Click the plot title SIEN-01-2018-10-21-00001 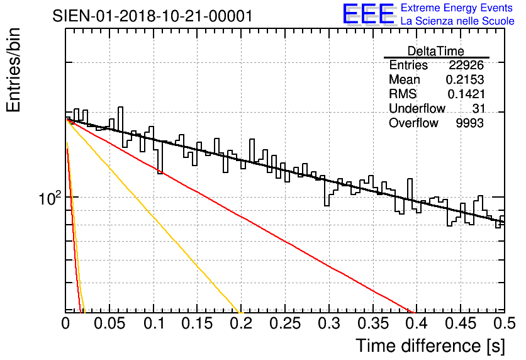(152, 16)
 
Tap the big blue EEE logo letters (369, 14)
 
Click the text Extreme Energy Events (457, 8)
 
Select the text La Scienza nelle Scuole (457, 21)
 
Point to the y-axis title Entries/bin (13, 70)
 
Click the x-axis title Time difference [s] (430, 346)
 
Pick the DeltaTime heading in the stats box (436, 51)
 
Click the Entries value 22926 (466, 65)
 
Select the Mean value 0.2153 (464, 79)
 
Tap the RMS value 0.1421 (466, 94)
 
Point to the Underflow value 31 (478, 108)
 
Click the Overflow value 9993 (469, 123)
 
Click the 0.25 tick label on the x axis (285, 323)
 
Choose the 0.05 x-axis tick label (109, 323)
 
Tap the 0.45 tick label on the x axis (461, 323)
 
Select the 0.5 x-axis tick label (505, 323)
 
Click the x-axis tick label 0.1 (154, 323)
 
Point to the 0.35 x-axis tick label (373, 323)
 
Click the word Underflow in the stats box (417, 108)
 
